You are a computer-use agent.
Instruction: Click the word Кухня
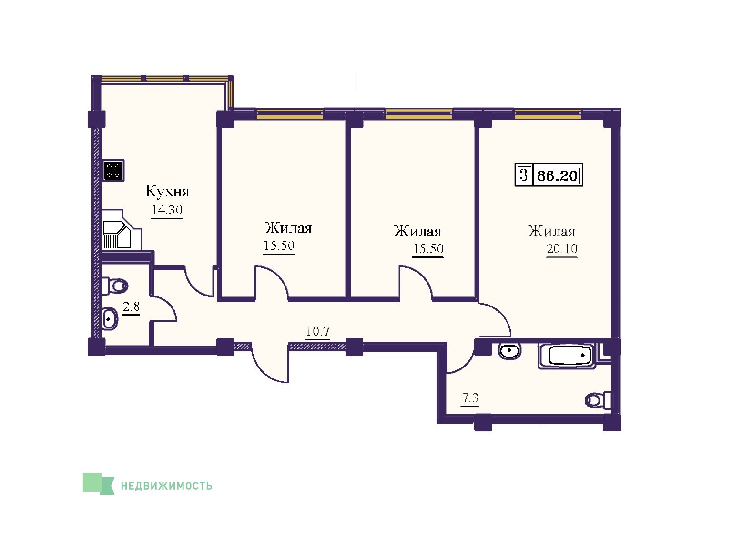click(167, 192)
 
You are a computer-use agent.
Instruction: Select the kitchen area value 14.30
click(167, 210)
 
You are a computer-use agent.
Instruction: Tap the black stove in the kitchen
click(114, 170)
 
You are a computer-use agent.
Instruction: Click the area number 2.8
click(132, 306)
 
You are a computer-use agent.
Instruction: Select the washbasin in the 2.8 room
click(110, 319)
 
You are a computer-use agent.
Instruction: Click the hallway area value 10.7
click(318, 331)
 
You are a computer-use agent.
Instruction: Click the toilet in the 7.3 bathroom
click(598, 400)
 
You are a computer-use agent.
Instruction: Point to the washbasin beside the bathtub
click(510, 351)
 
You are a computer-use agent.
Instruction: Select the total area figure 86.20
click(558, 175)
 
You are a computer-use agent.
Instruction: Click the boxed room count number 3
click(524, 174)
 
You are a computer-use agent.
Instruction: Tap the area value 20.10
click(562, 248)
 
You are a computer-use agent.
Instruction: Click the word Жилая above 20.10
click(551, 231)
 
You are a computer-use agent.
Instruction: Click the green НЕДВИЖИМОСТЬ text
click(167, 486)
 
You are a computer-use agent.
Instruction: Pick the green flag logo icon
click(98, 484)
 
